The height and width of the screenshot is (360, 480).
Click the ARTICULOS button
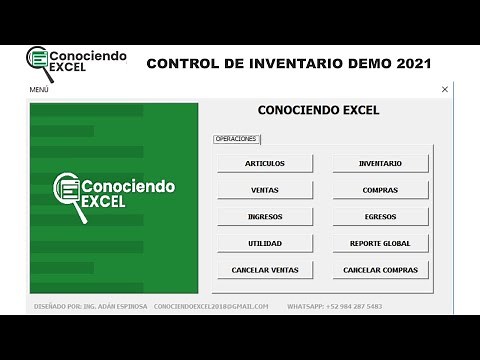[265, 163]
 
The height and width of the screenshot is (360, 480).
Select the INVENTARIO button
[380, 163]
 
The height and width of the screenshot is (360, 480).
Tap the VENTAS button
[265, 190]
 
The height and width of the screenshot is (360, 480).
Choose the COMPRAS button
[380, 190]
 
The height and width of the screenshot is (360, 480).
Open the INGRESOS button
[265, 216]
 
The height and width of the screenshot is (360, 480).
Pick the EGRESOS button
[380, 216]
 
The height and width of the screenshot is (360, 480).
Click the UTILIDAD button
[265, 243]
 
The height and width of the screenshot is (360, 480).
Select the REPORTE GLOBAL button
[380, 243]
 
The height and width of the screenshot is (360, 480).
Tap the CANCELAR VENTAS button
[265, 270]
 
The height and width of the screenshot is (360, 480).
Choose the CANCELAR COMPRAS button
[380, 270]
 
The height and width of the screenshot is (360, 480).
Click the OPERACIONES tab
[236, 139]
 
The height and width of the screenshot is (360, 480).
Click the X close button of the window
[445, 89]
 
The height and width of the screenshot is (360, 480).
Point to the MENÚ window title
[39, 89]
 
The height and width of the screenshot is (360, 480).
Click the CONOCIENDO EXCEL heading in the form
[318, 110]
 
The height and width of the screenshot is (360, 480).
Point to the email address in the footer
[211, 306]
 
